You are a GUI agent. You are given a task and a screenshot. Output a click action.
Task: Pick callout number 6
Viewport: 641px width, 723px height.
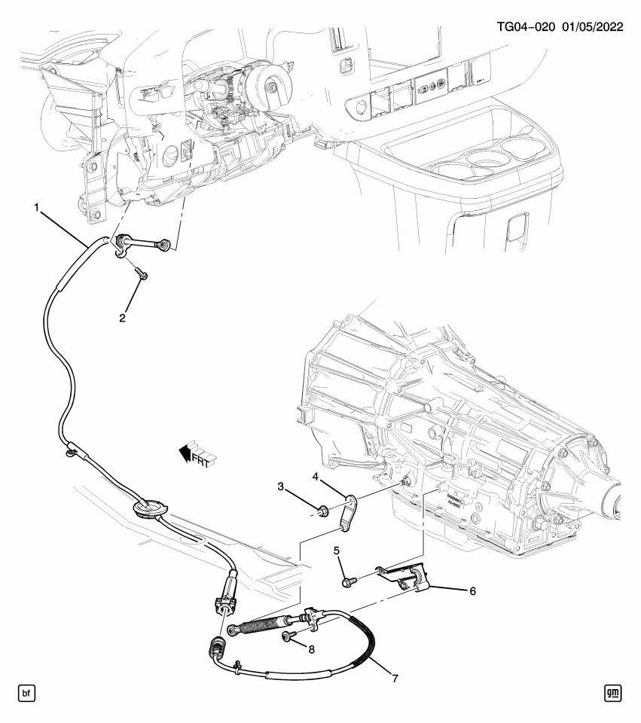[x=472, y=591]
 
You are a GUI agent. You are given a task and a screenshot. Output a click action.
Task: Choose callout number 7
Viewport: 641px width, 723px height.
[x=394, y=678]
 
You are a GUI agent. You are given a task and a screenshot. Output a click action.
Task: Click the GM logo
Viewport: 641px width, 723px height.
[x=614, y=691]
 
